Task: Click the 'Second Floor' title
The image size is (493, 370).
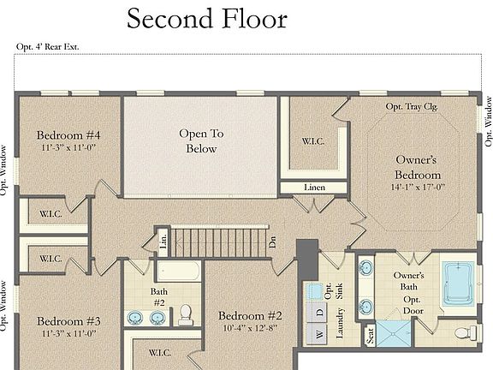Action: coord(207,18)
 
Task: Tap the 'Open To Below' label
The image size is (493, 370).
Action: coord(201,141)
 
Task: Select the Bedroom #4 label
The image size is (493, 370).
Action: coord(68,135)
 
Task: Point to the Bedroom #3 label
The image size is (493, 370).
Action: coord(68,321)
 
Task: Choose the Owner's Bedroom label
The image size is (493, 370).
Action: coord(417,166)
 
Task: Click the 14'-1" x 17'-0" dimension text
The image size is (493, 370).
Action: coord(417,186)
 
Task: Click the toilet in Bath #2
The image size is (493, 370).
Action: coord(184,316)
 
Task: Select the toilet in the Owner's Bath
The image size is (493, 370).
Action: coord(463,332)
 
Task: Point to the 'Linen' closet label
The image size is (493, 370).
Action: coord(314,188)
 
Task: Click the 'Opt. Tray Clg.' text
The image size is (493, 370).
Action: coord(413,106)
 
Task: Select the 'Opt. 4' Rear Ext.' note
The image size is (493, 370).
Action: coord(47,46)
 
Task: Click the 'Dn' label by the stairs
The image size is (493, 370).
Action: coord(272,242)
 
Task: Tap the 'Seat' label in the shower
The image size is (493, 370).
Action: coord(370,337)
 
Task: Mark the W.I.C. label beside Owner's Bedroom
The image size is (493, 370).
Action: coord(312,141)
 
